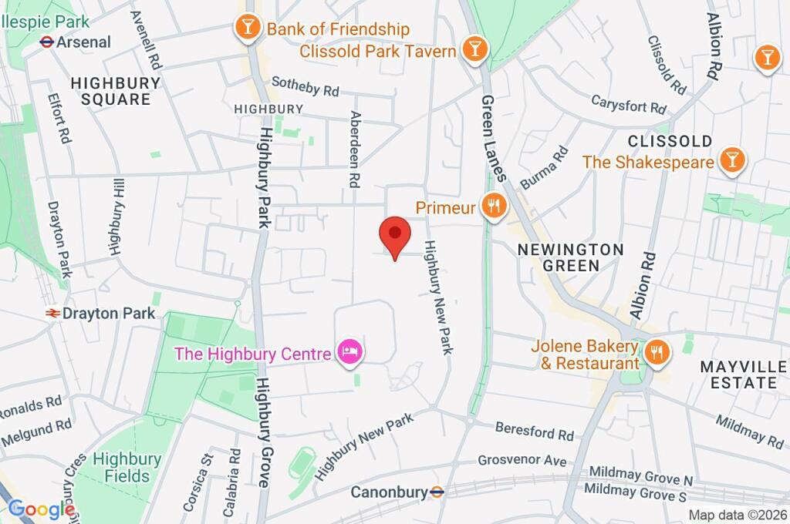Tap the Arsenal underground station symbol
pos(46,42)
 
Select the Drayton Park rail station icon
pos(53,314)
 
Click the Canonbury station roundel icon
pos(437,491)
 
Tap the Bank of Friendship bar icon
pos(247,29)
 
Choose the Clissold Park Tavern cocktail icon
pos(473,51)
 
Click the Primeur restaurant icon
pos(492,207)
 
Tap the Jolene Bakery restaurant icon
pos(657,353)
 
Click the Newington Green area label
pos(570,257)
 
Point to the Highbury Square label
pos(116,91)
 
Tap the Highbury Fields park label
pos(127,467)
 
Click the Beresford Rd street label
pos(535,430)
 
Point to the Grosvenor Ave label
pos(522,461)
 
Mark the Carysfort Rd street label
pos(628,102)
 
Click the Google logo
pos(41,509)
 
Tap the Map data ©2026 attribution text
pos(737,515)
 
